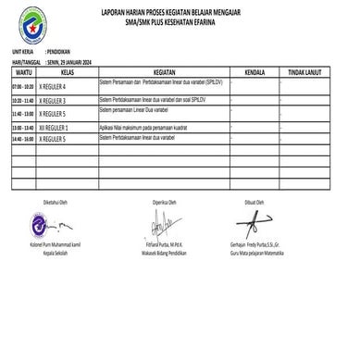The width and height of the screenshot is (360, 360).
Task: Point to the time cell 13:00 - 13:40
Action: (x=21, y=125)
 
